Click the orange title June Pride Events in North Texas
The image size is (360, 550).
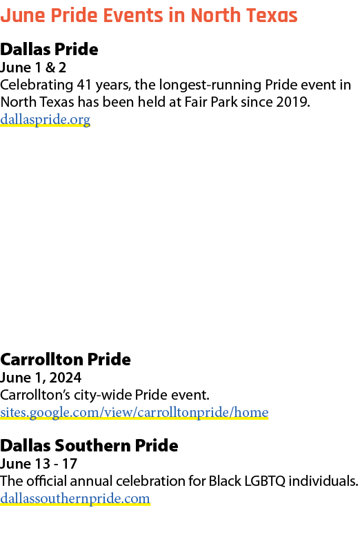click(x=149, y=15)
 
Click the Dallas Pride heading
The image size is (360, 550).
click(x=49, y=49)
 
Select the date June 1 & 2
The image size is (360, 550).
click(x=33, y=68)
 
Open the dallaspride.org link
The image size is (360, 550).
click(x=46, y=120)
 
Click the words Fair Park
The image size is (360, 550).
click(x=211, y=102)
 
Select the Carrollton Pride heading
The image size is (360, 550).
click(x=66, y=360)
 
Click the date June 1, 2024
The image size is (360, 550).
click(x=41, y=378)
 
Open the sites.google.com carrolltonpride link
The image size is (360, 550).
click(x=134, y=412)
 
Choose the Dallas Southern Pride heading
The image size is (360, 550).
click(x=89, y=445)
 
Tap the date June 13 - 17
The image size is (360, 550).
click(x=39, y=464)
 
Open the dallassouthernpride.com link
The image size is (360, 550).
click(x=75, y=499)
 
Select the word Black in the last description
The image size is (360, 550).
click(x=225, y=481)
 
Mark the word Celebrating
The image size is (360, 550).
click(x=37, y=85)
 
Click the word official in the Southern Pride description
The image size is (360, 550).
click(x=46, y=481)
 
